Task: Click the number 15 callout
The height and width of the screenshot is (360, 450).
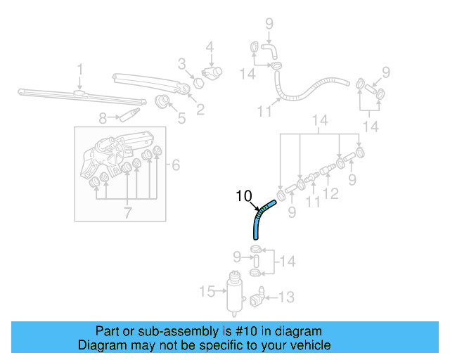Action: pyautogui.click(x=206, y=291)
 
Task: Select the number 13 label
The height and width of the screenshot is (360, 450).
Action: pyautogui.click(x=286, y=297)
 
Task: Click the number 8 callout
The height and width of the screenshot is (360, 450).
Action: pyautogui.click(x=102, y=118)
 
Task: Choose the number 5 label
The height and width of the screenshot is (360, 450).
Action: pyautogui.click(x=181, y=118)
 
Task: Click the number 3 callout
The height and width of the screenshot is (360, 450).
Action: pyautogui.click(x=181, y=64)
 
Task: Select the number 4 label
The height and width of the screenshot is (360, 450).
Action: pyautogui.click(x=209, y=48)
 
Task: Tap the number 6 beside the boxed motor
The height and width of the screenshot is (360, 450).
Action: pyautogui.click(x=175, y=165)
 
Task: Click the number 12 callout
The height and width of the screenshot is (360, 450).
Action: pyautogui.click(x=330, y=193)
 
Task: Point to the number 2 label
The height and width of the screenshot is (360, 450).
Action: pyautogui.click(x=200, y=108)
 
